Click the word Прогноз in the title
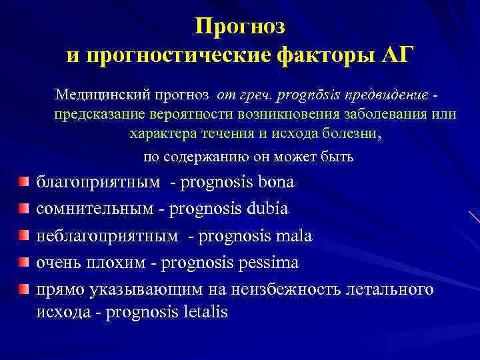pyautogui.click(x=240, y=26)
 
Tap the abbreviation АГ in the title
pyautogui.click(x=395, y=55)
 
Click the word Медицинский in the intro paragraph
pyautogui.click(x=100, y=94)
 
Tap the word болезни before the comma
pyautogui.click(x=352, y=133)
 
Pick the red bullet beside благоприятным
pyautogui.click(x=24, y=182)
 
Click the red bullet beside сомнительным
pyautogui.click(x=24, y=209)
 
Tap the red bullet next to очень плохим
pyautogui.click(x=24, y=263)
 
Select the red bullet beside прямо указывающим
pyautogui.click(x=24, y=289)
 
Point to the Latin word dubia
pyautogui.click(x=266, y=209)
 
